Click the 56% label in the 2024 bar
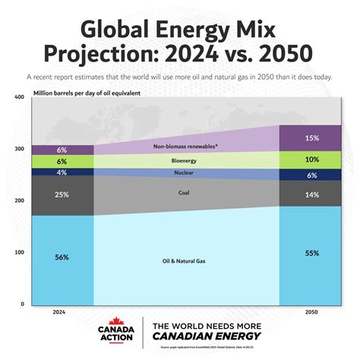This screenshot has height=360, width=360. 62,257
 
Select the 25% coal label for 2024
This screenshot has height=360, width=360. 62,194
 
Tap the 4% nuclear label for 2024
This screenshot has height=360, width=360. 62,172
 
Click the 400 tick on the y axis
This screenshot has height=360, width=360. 21,97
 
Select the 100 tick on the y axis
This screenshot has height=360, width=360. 21,252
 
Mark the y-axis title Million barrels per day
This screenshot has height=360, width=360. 87,93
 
